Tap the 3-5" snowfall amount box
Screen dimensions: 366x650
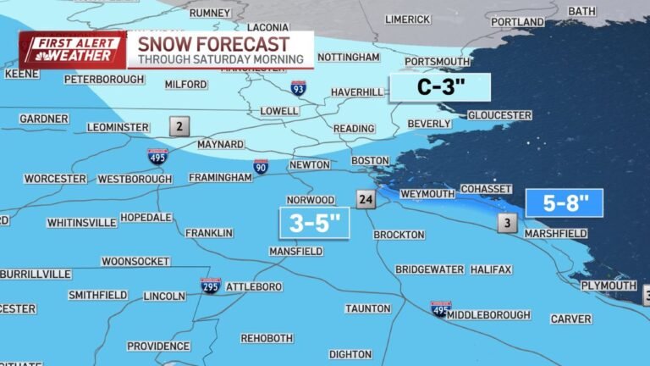(312, 223)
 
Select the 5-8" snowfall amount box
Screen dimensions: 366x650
(564, 203)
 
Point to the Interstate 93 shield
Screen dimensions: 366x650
(298, 87)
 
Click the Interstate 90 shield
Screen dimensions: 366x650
(261, 167)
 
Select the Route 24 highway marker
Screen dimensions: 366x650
(365, 200)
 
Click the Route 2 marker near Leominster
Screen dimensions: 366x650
(179, 127)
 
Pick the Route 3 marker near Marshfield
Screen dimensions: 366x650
(507, 224)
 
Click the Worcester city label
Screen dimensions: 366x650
(55, 179)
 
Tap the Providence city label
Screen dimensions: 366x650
(158, 346)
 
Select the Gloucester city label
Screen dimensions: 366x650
(499, 115)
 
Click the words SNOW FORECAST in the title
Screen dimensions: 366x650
(213, 44)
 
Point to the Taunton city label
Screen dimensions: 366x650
(367, 308)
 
